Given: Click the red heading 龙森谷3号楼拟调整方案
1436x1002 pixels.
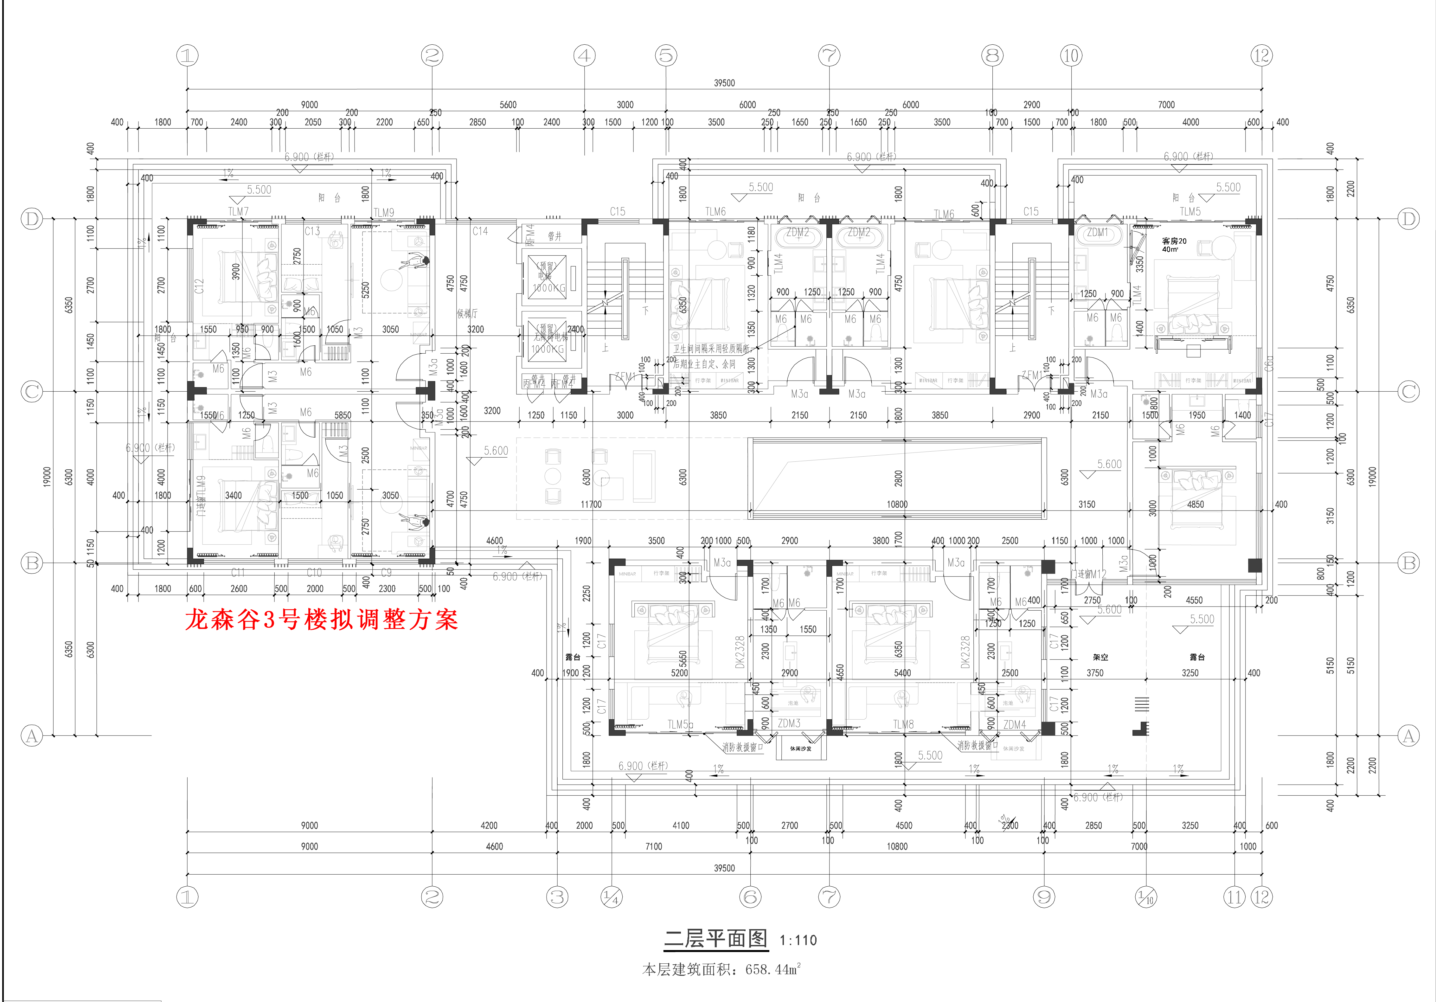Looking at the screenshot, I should pos(322,620).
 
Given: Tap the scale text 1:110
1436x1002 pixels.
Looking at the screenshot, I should pos(798,940).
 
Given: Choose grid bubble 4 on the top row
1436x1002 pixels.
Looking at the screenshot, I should pos(585,56).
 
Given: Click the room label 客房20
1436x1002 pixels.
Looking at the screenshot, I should pos(1174,241).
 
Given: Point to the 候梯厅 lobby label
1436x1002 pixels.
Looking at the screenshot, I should pos(467,313).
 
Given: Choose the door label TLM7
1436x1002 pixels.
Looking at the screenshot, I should pos(238,211).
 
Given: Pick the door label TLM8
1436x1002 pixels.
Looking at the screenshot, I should pos(903,724).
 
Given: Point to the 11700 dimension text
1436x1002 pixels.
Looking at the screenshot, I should pos(591,504).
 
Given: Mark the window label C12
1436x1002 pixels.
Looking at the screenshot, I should pos(199,286).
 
